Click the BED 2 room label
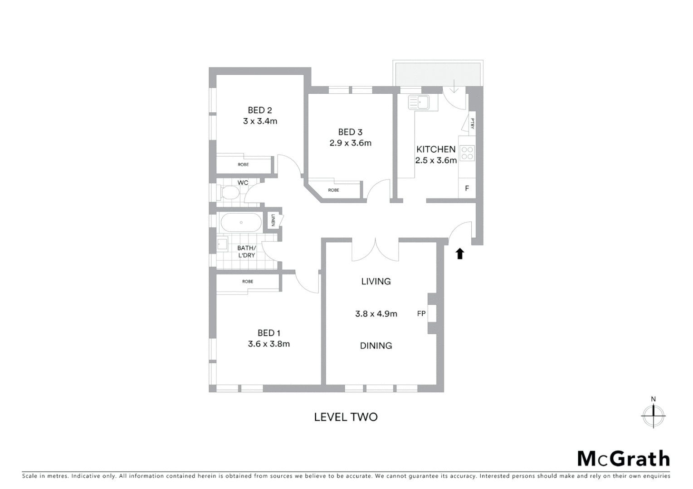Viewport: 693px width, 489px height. (x=260, y=110)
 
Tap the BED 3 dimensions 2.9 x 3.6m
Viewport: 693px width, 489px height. (x=350, y=143)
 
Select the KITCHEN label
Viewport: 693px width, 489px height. (x=436, y=149)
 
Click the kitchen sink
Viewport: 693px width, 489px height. (x=419, y=102)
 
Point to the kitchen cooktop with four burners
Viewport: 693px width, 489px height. (x=467, y=153)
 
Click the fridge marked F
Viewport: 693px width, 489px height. (x=467, y=188)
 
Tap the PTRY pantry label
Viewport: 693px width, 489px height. (x=472, y=123)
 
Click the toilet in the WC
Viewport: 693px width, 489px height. (x=229, y=193)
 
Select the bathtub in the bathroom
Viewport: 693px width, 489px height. (x=241, y=222)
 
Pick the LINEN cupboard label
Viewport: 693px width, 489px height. (x=273, y=221)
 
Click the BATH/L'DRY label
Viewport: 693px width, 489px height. (x=247, y=252)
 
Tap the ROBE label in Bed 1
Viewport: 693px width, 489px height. (x=248, y=282)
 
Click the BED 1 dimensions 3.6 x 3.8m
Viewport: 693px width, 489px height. (x=269, y=344)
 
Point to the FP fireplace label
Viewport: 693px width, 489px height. (x=421, y=313)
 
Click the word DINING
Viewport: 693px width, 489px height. (x=376, y=346)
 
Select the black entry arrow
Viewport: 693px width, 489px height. (x=460, y=254)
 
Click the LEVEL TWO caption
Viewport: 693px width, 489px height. (x=346, y=417)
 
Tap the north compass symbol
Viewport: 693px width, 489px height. (x=653, y=414)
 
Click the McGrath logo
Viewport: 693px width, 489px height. (x=624, y=459)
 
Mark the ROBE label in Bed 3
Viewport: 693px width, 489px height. (x=334, y=190)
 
